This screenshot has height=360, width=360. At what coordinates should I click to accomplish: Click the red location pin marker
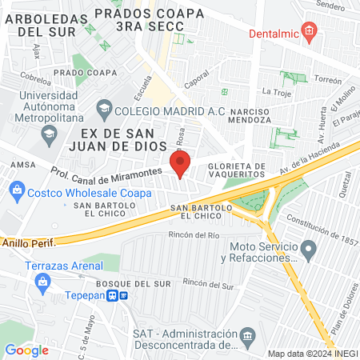[181, 165]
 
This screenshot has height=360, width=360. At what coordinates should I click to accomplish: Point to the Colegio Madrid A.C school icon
[104, 108]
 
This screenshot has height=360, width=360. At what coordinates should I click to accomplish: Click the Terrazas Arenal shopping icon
[42, 281]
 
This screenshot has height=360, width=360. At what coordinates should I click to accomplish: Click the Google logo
[26, 350]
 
